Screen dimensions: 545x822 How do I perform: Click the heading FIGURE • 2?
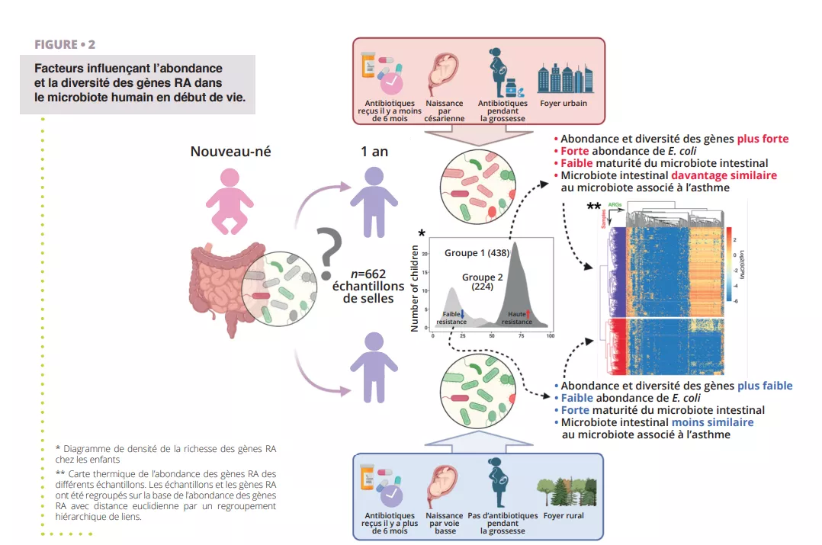pos(65,45)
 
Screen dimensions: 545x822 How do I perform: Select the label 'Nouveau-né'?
pos(230,152)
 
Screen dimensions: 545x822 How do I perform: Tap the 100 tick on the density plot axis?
pos(550,336)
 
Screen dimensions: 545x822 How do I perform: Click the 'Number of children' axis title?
pos(416,289)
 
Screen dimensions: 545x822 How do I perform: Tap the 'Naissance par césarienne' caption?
pos(445,111)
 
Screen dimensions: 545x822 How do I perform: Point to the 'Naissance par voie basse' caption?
pos(445,523)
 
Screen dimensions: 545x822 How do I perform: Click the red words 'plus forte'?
pos(763,139)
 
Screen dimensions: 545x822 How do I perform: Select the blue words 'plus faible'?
pos(765,386)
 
